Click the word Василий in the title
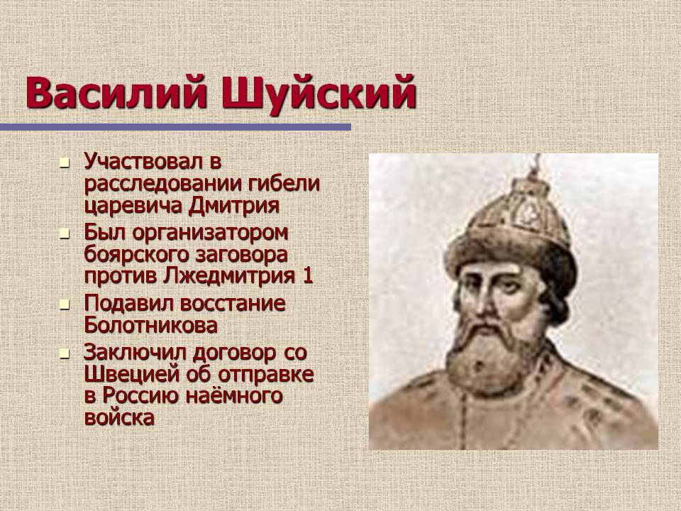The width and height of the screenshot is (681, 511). coord(116,93)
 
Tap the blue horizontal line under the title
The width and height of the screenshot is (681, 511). coord(175,127)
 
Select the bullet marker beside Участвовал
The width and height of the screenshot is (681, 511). coord(65,163)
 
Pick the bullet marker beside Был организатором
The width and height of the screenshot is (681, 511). coord(65,234)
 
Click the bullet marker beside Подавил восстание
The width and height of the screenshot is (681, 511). coord(65,305)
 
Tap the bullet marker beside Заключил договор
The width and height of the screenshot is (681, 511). coord(65,353)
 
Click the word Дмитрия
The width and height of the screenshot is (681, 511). coord(233,206)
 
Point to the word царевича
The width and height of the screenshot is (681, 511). coord(133,207)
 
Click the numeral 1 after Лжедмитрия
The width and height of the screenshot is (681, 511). coord(308,276)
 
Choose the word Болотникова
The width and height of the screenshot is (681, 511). coord(150,326)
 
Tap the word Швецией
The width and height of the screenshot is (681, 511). coord(132,374)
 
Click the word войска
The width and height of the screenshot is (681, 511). coord(119,417)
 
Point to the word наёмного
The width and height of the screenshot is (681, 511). coord(234,396)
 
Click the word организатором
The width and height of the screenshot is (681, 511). coord(210,233)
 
